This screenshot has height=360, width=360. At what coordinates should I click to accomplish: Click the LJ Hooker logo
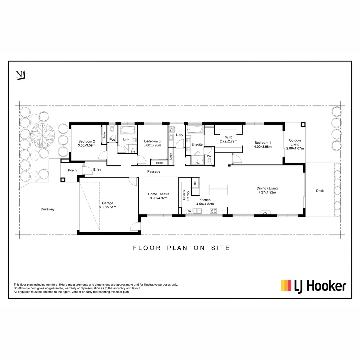coord(313,286)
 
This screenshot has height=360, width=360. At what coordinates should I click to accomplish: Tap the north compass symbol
coord(21,75)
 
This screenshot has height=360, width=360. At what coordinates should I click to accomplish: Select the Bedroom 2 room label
coord(87,141)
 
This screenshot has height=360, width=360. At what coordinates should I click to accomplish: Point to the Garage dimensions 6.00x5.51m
coord(108,207)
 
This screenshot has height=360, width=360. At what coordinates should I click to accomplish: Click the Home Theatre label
coord(159,194)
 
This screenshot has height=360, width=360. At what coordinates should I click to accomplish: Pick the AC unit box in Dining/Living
coord(265,213)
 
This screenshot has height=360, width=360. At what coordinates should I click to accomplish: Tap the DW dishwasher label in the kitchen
coord(189,211)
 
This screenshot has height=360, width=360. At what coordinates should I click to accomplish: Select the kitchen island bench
coord(219,190)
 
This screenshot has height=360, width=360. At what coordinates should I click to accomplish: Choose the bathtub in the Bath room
coord(128,130)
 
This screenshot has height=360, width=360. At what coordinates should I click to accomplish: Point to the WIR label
coord(228,137)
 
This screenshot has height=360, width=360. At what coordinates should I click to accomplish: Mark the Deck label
coord(320,191)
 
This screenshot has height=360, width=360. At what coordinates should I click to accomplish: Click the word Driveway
coord(47,209)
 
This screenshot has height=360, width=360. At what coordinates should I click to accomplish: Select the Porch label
coord(72,170)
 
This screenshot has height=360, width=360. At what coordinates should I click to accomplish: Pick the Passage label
coord(154,172)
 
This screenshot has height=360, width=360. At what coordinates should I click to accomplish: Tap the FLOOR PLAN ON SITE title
coord(181,248)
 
